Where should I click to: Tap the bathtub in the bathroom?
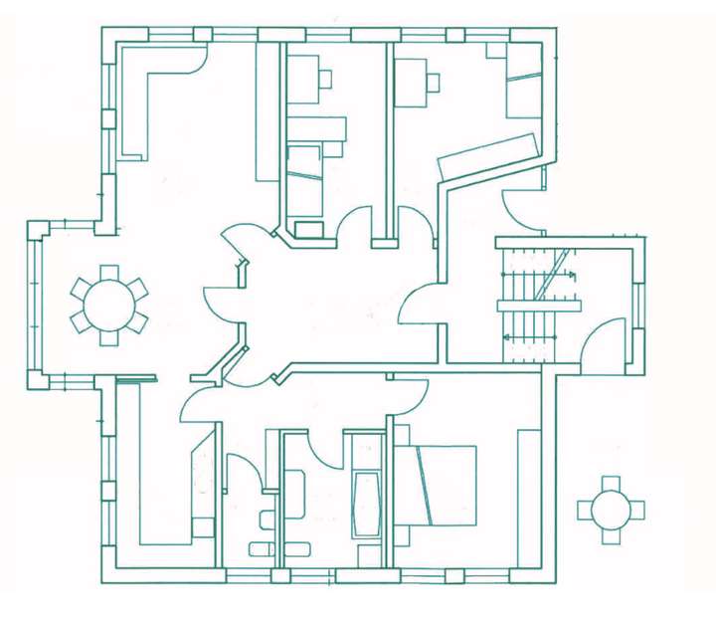click(366, 503)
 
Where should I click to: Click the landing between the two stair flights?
click(538, 307)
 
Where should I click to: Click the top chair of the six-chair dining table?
click(108, 272)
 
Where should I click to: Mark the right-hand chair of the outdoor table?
click(636, 511)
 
